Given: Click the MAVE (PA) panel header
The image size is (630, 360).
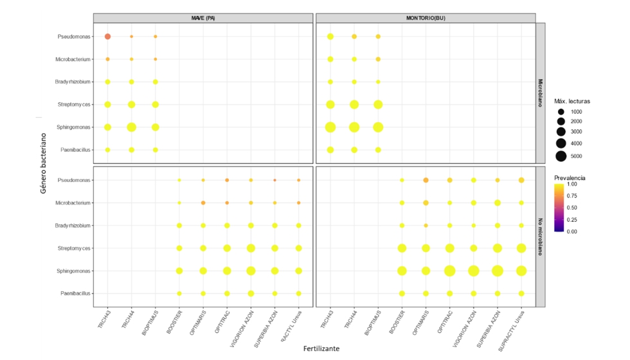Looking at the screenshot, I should click(203, 18).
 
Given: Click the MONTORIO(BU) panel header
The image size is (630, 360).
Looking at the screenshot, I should click(425, 18).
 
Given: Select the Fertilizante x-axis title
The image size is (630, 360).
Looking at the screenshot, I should click(321, 348).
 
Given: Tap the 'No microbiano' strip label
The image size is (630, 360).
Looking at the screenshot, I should click(541, 237).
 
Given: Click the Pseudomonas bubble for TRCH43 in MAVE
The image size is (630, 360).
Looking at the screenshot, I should click(108, 37).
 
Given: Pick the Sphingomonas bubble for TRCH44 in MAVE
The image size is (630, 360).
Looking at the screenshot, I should click(132, 127).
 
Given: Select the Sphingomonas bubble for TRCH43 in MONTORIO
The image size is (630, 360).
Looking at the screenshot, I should click(330, 127).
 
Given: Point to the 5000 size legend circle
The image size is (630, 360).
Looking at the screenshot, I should click(561, 156).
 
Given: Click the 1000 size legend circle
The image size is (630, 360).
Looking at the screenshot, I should click(561, 112).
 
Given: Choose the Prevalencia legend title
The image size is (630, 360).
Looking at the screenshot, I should click(570, 177).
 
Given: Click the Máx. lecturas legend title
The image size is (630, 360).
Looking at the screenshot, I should click(572, 101).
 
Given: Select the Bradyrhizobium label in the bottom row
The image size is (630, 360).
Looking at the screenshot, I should click(71, 226).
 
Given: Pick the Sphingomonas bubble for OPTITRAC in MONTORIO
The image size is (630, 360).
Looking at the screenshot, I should click(450, 271).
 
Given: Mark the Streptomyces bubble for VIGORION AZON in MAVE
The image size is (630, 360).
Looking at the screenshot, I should click(251, 248).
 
